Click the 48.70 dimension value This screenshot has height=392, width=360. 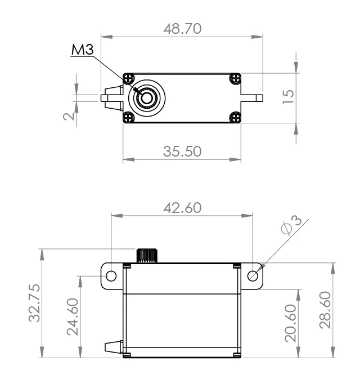182,29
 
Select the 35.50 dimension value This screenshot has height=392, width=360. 182,151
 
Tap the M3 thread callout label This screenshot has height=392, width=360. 82,51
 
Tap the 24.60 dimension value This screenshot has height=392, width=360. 72,318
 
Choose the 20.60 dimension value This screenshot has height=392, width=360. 291,327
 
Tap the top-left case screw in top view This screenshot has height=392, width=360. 129,78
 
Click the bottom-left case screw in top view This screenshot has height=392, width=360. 129,117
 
